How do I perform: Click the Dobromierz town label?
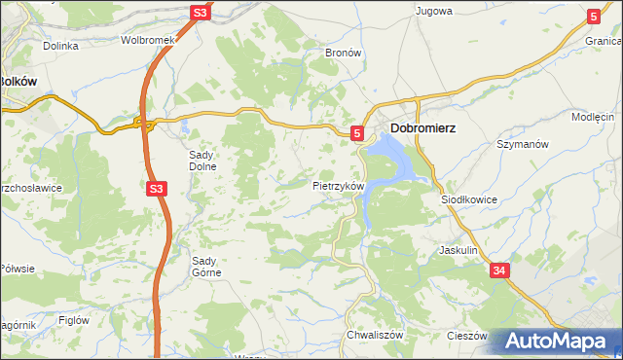pos(423,127)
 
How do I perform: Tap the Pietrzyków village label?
pos(338,185)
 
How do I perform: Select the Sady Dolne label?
pos(204,160)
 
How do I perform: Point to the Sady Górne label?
pos(206,266)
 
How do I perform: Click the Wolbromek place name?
pos(146,41)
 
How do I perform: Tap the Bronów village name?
pos(343,53)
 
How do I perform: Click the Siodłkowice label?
pos(469,198)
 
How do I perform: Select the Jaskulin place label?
pos(458,250)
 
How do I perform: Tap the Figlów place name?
pos(74,319)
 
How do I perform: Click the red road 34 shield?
pos(499,270)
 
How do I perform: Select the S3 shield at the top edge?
pos(200,13)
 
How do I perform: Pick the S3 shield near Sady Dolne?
pos(157,190)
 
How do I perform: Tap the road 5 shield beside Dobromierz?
pos(357,132)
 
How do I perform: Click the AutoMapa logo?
pos(554,342)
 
